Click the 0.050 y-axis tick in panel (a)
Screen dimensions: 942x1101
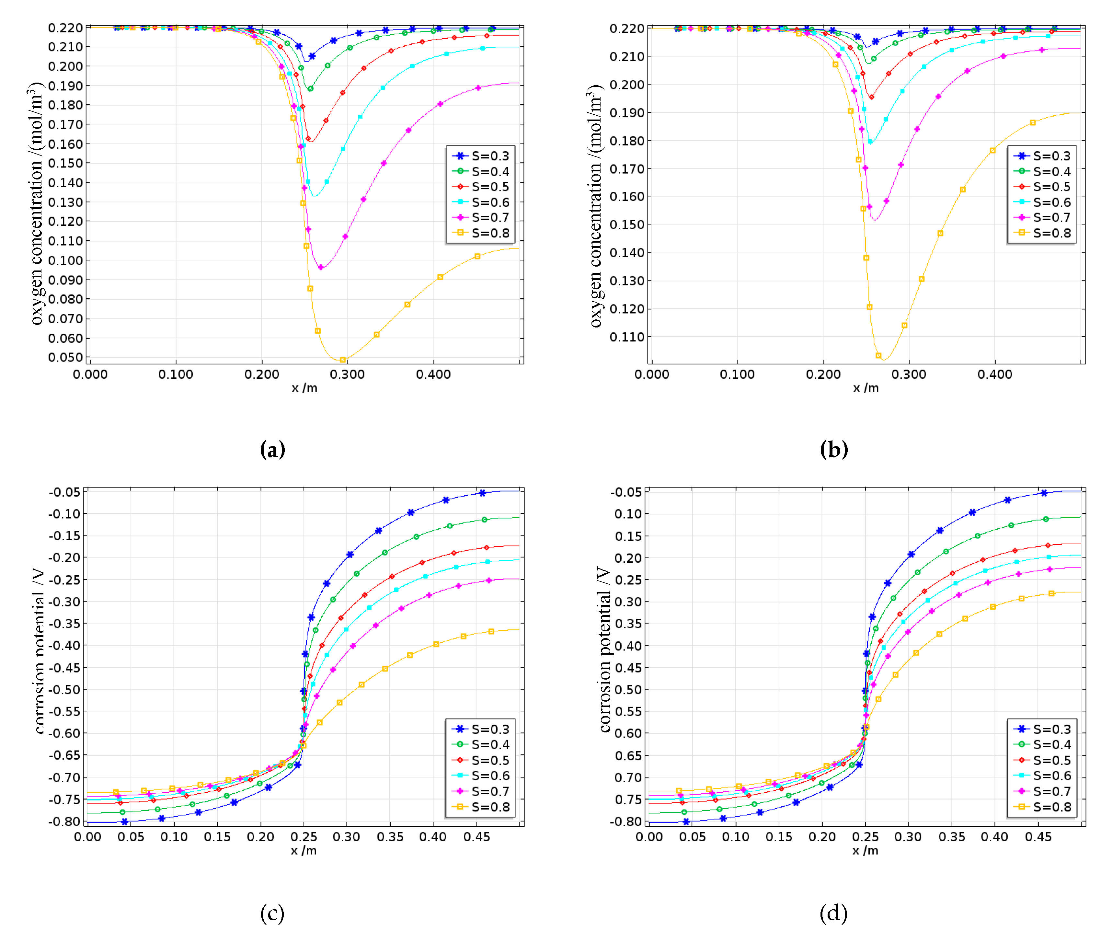[x=65, y=358]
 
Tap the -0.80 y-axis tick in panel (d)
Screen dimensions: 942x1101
[x=626, y=821]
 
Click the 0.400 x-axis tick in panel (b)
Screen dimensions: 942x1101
[x=995, y=374]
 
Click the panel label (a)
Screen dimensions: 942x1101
[x=272, y=450]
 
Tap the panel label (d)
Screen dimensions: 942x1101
[x=833, y=913]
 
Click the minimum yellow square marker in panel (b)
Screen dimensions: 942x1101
[x=878, y=355]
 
